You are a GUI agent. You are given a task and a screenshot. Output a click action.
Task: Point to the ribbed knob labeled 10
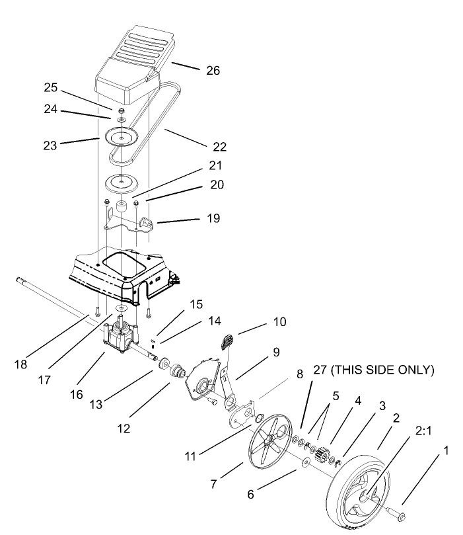(x=227, y=341)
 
